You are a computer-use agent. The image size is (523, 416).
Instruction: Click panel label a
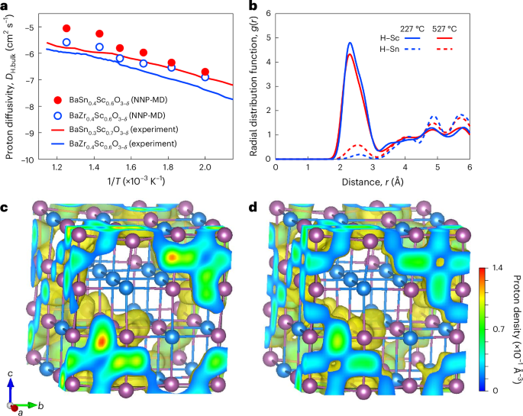pos(6,6)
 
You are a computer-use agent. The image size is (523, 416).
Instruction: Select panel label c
pos(6,208)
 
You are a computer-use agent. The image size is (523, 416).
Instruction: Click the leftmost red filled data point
pos(66,28)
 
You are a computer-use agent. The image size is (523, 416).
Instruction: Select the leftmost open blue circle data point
pos(66,42)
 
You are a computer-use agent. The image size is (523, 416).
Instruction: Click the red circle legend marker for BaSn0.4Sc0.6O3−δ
pos(53,100)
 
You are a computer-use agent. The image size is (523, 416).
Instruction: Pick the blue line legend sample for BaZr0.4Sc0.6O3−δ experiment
pos(53,144)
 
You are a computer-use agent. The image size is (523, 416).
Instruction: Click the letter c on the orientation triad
pos(11,373)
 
